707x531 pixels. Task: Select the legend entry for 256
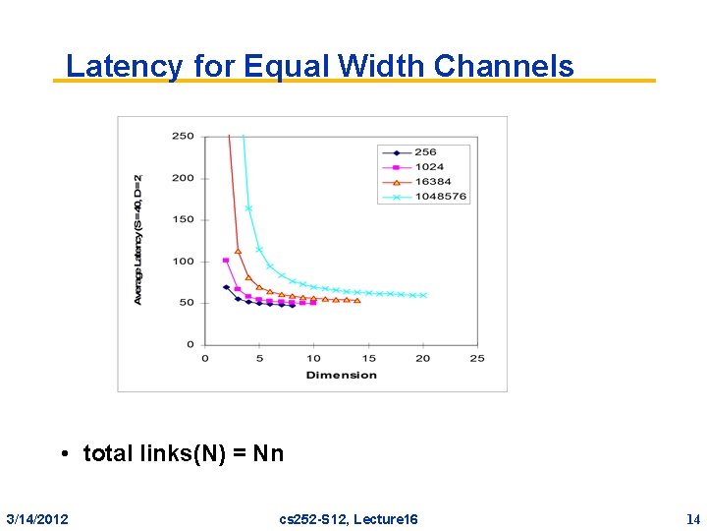[425, 152]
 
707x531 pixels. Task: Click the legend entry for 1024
[428, 167]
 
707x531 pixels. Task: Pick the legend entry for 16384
[431, 182]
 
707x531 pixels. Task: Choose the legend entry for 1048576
[440, 197]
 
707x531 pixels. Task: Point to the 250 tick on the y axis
[184, 137]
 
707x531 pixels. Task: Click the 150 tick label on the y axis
[184, 220]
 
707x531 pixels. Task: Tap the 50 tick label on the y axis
[187, 303]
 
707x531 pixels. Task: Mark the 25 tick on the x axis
[477, 358]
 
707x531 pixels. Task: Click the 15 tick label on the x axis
[368, 358]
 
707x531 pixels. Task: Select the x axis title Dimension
[341, 375]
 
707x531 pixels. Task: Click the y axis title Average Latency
[138, 239]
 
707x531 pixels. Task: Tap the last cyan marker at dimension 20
[423, 295]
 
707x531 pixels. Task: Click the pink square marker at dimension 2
[226, 261]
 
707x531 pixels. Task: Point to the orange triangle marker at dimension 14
[357, 300]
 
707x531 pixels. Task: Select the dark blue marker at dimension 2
[226, 287]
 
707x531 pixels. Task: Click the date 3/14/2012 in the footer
[37, 518]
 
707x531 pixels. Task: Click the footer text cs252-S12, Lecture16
[349, 518]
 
